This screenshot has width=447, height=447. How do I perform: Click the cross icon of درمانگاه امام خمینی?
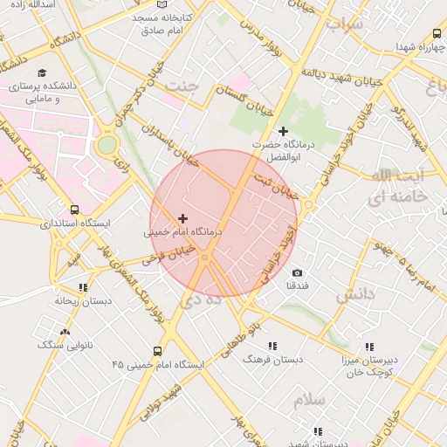(182, 217)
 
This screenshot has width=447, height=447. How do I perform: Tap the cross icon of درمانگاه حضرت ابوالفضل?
(282, 131)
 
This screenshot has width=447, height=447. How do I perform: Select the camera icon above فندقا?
(298, 273)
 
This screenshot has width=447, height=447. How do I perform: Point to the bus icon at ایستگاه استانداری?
(74, 210)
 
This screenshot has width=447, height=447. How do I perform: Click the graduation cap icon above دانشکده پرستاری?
(43, 73)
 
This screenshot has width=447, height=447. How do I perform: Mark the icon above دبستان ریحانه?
(83, 287)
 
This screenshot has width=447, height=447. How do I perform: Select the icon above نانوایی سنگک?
(65, 332)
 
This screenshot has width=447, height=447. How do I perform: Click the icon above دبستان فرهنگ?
(273, 345)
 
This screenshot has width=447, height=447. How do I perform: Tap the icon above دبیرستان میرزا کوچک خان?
(375, 345)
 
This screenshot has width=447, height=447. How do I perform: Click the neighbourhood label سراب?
(344, 24)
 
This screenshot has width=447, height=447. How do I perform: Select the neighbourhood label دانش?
(354, 294)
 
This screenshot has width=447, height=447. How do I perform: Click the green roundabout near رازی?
(107, 145)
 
